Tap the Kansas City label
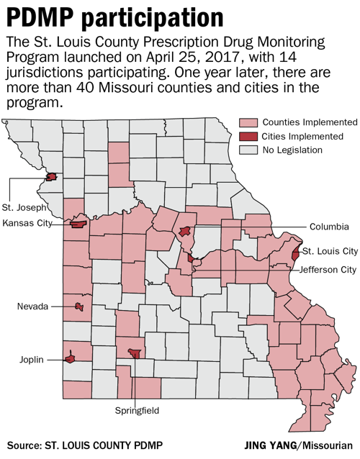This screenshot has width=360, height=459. click(28, 223)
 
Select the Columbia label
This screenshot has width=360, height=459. click(329, 226)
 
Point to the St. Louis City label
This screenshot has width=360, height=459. click(329, 251)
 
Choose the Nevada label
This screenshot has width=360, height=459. click(33, 306)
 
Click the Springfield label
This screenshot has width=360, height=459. click(135, 411)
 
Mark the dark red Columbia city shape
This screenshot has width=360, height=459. click(185, 232)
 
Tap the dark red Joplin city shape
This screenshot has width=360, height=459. click(71, 357)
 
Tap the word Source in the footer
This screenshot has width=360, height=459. click(27, 445)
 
